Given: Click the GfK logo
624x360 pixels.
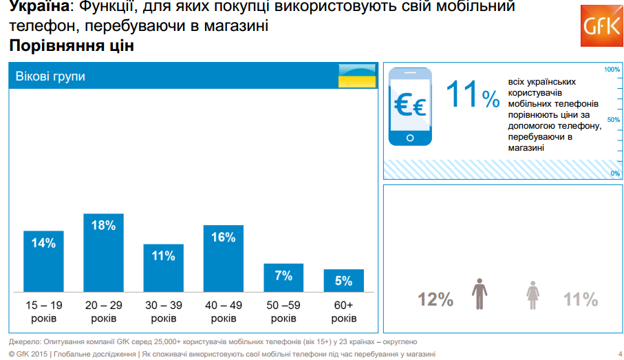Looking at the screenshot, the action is [x=602, y=26].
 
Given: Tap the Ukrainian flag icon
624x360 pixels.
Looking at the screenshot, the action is [x=357, y=76].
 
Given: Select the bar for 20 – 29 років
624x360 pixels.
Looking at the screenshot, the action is [x=103, y=253].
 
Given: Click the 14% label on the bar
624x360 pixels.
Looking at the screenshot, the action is [x=43, y=243].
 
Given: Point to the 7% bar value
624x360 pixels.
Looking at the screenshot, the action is [x=283, y=275].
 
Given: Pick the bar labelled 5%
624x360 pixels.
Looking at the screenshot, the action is [x=344, y=280].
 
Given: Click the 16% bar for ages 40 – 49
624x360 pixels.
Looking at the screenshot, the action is [x=224, y=258].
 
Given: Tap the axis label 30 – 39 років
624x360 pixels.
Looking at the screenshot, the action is [x=164, y=311].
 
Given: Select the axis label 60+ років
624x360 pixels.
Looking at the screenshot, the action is [x=344, y=311].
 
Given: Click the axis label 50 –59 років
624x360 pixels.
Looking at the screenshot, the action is [x=283, y=311].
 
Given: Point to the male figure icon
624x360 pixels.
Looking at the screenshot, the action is [x=480, y=294].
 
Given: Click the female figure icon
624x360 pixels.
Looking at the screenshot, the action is [x=533, y=295].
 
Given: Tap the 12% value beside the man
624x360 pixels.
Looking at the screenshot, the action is [x=435, y=299].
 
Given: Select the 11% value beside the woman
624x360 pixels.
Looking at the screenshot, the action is [x=581, y=299].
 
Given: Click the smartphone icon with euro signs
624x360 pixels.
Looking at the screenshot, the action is [x=410, y=107].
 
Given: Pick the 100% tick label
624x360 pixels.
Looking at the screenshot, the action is [x=612, y=70].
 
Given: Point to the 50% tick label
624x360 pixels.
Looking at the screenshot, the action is [x=614, y=120].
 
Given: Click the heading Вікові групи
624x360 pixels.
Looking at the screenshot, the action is [x=50, y=76].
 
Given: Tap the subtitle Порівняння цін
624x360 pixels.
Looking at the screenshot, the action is [x=72, y=45].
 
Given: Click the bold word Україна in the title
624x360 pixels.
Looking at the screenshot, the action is [x=39, y=6].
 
